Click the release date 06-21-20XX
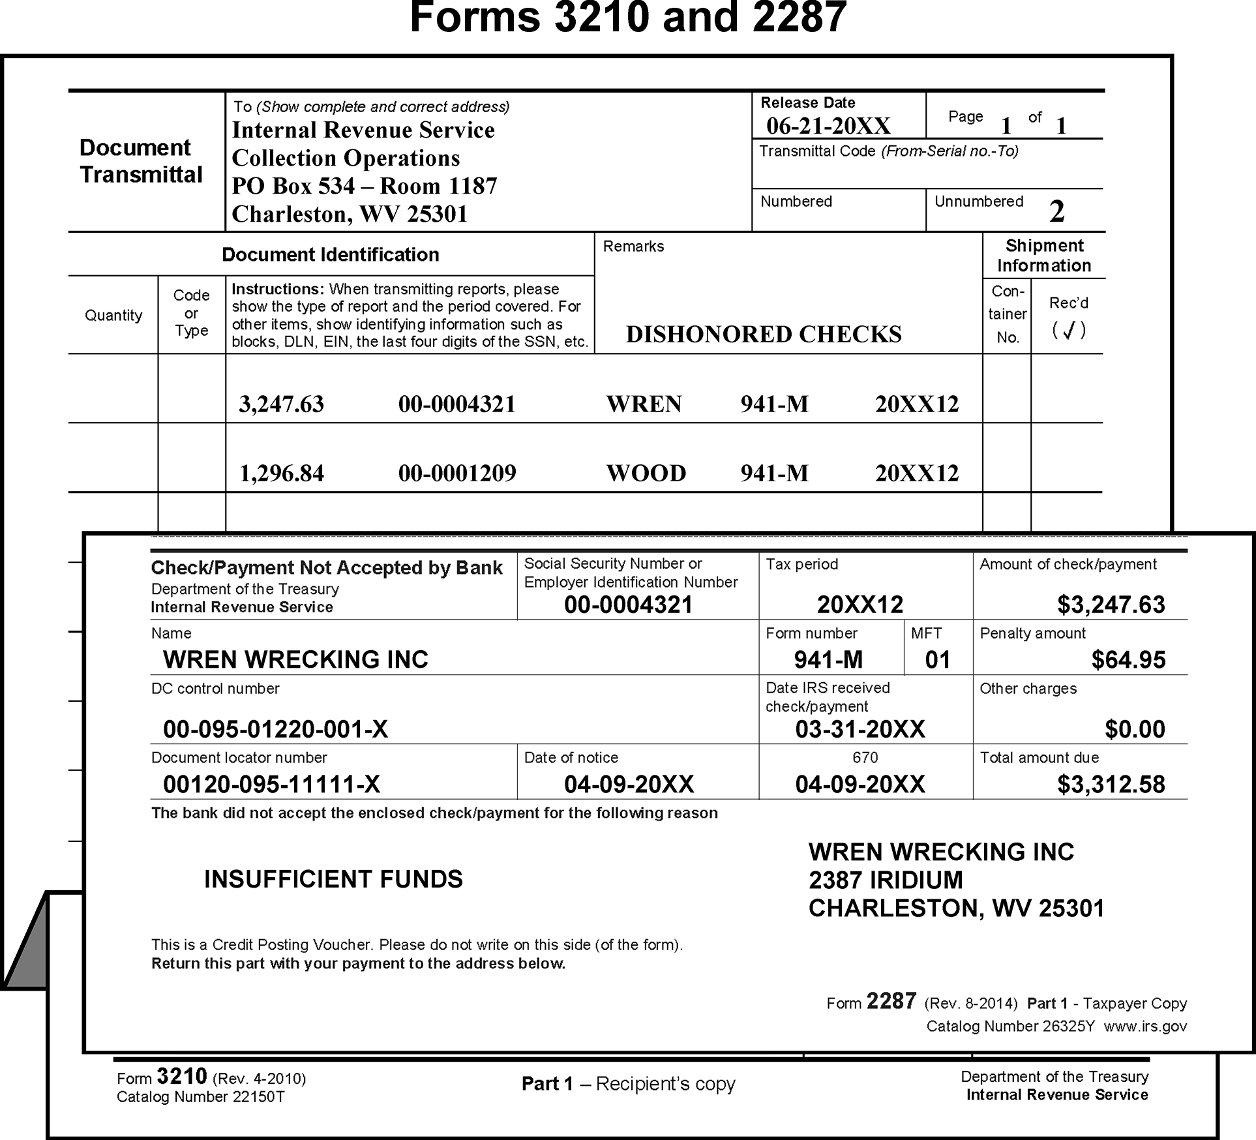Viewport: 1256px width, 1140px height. (828, 126)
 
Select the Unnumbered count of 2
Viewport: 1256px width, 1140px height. (1056, 211)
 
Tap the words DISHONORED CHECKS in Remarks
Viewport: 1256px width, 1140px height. (764, 334)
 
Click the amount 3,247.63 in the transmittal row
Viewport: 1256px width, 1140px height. (281, 404)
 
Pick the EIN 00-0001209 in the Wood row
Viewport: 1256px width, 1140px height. (457, 473)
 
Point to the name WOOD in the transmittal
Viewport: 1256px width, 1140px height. (646, 473)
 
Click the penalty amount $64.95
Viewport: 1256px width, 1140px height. (1128, 660)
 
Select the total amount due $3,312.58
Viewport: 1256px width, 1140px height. (1111, 785)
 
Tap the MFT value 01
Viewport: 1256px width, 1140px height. (937, 660)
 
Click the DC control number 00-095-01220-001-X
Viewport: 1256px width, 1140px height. (275, 729)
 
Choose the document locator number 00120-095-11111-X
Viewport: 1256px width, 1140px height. (271, 785)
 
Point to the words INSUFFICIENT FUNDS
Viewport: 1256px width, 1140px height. (333, 879)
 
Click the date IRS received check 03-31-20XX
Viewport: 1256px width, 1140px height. (860, 729)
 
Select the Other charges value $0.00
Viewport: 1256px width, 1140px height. (1135, 729)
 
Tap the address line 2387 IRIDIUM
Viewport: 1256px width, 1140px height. (886, 880)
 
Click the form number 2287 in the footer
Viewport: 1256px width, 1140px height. (891, 1002)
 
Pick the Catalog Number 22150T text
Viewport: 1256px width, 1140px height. (201, 1097)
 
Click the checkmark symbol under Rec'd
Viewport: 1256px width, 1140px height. (1068, 331)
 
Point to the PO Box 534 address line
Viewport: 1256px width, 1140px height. (364, 187)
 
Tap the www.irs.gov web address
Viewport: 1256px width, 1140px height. (1145, 1027)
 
